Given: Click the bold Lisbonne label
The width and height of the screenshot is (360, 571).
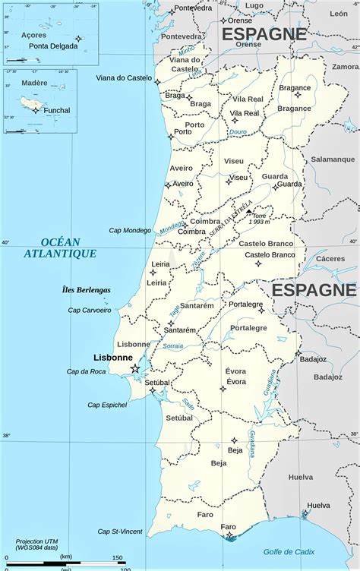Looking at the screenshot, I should coord(113,357).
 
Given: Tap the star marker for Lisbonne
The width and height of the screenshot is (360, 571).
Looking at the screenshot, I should coord(135,368).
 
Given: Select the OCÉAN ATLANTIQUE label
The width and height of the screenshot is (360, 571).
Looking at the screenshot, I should coord(59,248).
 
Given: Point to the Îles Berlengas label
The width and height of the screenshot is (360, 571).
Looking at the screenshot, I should coord(86,289).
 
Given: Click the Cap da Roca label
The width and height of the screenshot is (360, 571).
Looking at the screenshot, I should coord(86,371).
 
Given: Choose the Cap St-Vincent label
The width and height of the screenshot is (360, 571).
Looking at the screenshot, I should coord(119,532).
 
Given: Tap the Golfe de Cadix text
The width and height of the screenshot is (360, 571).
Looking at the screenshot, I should coord(289,552).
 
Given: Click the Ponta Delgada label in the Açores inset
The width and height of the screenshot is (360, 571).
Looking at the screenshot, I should coord(53,46).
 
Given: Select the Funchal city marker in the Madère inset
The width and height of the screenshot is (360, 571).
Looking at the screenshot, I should coord(36,110).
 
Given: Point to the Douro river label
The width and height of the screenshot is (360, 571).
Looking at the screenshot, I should coord(238,131).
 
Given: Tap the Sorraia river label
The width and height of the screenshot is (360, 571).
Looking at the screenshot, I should coord(173,346).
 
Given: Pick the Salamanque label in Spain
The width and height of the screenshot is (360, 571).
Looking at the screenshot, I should coord(333,159).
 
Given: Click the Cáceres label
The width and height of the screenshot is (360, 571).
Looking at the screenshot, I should coord(330,258).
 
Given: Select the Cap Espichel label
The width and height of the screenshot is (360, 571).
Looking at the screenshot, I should coord(107,405).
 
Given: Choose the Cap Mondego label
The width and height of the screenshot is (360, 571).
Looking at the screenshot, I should coord(130,230).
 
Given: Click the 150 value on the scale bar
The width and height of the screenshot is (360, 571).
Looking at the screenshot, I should coord(118,557).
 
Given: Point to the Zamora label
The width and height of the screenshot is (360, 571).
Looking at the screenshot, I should coord(345,67).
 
